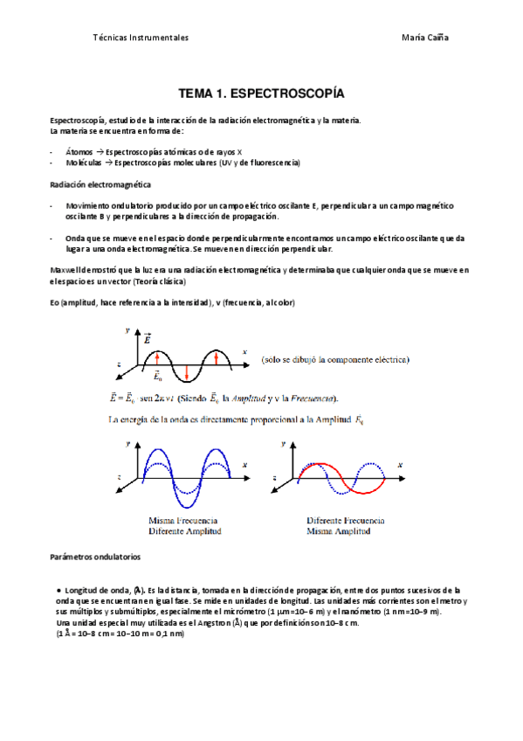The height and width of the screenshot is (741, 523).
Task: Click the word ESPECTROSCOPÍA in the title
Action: coord(297,92)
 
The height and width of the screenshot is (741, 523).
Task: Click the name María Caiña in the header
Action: coord(425,38)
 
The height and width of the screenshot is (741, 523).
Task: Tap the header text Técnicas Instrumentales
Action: coord(141,38)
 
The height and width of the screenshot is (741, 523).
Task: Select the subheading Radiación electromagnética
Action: coord(100,185)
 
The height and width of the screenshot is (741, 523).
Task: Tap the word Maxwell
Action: coord(67,270)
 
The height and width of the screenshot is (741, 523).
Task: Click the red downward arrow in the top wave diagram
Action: coord(187,370)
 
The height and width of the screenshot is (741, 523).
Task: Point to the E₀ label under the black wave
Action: coord(158,377)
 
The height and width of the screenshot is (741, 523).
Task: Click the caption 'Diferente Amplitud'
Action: coord(184,530)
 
